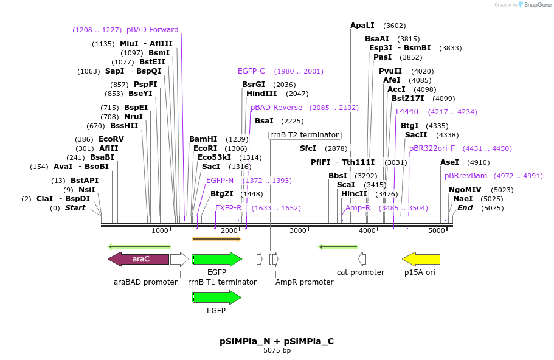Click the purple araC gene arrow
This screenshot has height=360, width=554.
[x=138, y=259]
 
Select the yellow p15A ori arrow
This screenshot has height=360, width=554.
[x=421, y=259]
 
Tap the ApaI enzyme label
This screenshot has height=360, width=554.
[x=362, y=26]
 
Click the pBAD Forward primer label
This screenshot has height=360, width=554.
[x=152, y=30]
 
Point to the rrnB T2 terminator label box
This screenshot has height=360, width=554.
[x=305, y=135]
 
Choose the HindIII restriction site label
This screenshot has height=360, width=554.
[x=261, y=94]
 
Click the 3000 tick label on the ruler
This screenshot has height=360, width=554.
[x=298, y=231]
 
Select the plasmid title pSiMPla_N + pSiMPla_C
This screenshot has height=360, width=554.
[x=277, y=341]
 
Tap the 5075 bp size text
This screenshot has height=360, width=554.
[x=277, y=351]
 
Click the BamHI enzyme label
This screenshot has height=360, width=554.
[x=203, y=139]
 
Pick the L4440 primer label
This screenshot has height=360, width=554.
[x=407, y=112]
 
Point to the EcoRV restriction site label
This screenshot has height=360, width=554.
[x=111, y=139]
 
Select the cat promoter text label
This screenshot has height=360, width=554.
[x=361, y=272]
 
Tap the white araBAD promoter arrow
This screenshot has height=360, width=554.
[x=179, y=259]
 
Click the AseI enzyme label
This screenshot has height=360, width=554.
[x=449, y=162]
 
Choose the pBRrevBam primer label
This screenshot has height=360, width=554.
[x=466, y=176]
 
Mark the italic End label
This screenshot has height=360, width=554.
[x=465, y=208]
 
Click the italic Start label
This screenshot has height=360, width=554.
[x=75, y=208]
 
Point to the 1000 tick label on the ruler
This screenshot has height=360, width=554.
[x=160, y=231]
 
